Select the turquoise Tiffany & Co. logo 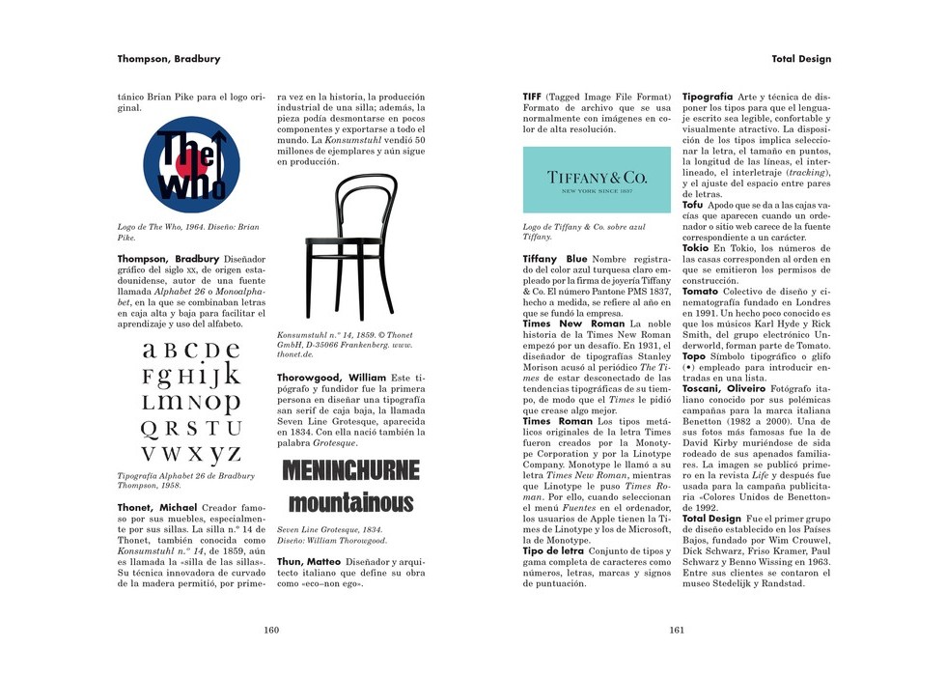597,180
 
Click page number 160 271,630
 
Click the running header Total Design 801,59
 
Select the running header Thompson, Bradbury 169,59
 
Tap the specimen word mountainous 350,502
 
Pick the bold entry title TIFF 532,98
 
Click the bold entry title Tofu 693,206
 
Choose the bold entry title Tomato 701,291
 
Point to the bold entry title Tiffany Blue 555,259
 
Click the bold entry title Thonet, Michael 157,507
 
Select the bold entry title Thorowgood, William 331,376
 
